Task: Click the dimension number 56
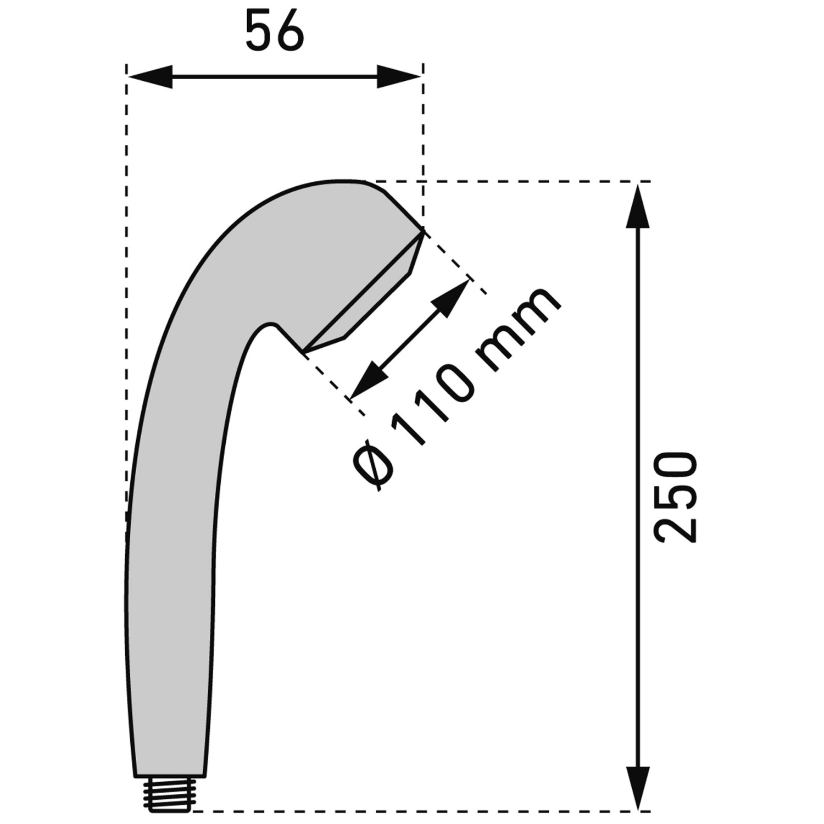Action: [274, 32]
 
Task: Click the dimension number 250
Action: [676, 498]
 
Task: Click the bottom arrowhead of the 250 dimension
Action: [638, 787]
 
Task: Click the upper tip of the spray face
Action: [423, 231]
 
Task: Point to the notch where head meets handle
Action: [270, 324]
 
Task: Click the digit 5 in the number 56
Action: [259, 32]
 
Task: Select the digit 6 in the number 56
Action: [289, 32]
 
